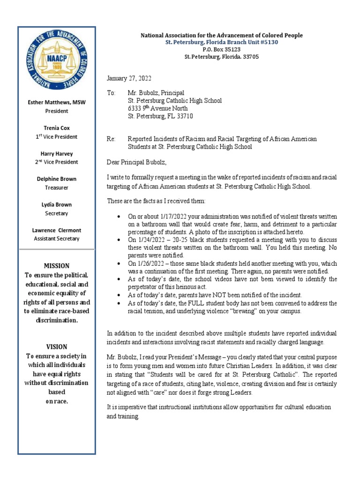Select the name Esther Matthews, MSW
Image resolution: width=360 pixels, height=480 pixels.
click(x=57, y=102)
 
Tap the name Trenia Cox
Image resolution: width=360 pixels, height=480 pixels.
click(x=57, y=128)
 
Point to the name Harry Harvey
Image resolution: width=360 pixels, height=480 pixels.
click(x=57, y=153)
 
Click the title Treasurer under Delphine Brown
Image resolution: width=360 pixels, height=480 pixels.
click(x=57, y=187)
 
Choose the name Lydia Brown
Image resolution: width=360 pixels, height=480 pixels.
click(x=57, y=204)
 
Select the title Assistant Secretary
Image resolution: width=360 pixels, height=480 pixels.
click(x=57, y=239)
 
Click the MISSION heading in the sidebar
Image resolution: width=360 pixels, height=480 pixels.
click(x=57, y=266)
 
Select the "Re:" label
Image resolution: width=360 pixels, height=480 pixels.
click(x=111, y=139)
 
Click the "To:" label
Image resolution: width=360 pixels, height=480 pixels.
click(x=111, y=93)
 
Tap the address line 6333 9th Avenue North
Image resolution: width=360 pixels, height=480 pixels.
click(x=158, y=108)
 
